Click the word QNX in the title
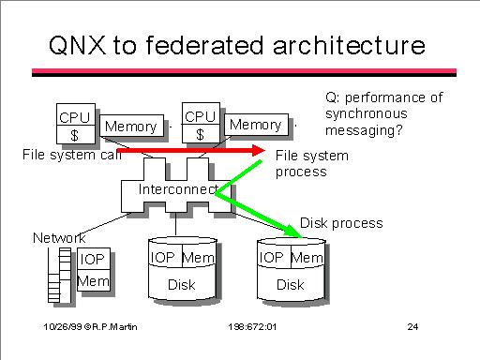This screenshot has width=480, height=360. click(x=78, y=46)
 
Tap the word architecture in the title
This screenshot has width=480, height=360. click(x=349, y=46)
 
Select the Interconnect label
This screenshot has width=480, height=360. click(x=178, y=189)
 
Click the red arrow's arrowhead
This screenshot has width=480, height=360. click(x=259, y=151)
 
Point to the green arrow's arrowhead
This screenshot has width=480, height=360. click(x=292, y=232)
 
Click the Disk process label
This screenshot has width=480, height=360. click(x=341, y=223)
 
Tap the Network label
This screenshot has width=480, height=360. click(x=59, y=238)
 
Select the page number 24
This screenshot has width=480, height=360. click(x=412, y=327)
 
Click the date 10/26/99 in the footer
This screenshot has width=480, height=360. click(x=63, y=327)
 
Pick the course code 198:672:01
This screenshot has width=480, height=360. click(x=252, y=327)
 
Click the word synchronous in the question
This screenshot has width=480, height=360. click(x=367, y=113)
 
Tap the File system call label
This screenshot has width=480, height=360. click(x=72, y=155)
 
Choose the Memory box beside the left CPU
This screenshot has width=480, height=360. click(x=131, y=126)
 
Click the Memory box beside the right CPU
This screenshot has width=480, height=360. click(x=256, y=125)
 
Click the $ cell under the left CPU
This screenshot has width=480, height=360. click(x=76, y=135)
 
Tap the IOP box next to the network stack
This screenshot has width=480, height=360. click(x=94, y=259)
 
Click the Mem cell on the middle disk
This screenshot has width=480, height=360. click(x=199, y=258)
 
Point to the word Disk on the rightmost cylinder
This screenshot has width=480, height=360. click(x=291, y=285)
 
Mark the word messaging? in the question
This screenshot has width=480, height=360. click(x=364, y=130)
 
